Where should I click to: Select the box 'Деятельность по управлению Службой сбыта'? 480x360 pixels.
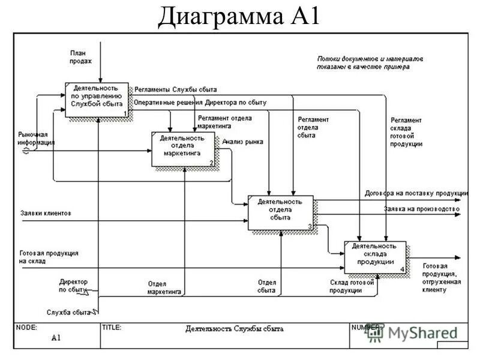tap(97, 99)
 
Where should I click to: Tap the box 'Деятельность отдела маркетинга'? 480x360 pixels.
tap(183, 148)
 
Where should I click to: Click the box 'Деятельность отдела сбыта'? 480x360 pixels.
tap(280, 212)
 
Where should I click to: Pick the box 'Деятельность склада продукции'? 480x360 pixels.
tap(375, 257)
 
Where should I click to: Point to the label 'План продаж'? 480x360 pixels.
tap(80, 57)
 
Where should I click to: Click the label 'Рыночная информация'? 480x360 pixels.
tap(36, 139)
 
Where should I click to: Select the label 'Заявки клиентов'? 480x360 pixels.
tap(46, 213)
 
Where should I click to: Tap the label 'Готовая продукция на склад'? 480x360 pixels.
tap(48, 257)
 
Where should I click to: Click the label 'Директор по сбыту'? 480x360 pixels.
tap(73, 285)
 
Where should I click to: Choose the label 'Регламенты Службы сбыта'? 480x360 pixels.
tap(175, 89)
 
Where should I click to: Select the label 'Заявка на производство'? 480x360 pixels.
tap(421, 209)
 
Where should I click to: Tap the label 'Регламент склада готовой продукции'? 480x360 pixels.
tap(406, 132)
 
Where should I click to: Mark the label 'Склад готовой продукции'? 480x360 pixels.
tap(352, 286)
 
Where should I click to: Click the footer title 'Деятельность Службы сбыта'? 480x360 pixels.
tap(235, 329)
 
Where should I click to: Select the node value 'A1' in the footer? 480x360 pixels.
tap(56, 338)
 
